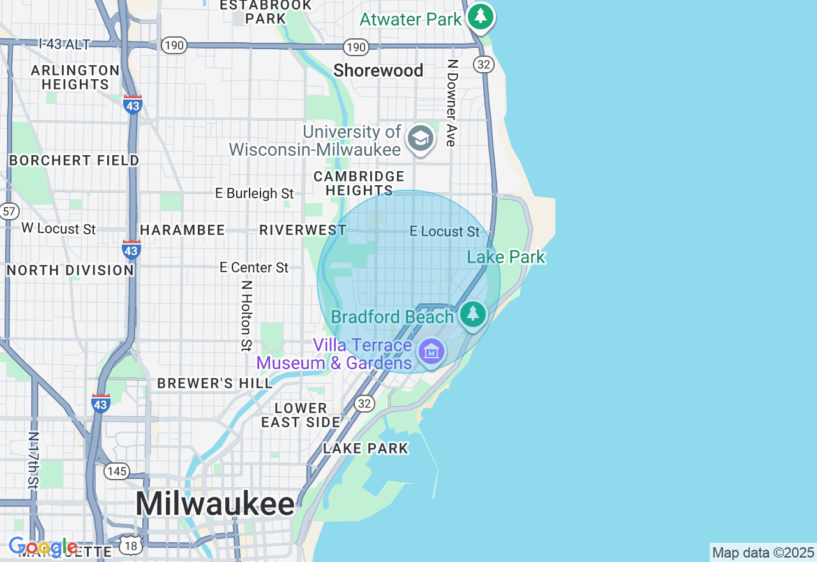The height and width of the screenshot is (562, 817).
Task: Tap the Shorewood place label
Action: click(x=378, y=70)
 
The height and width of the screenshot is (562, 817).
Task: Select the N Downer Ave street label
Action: click(x=452, y=103)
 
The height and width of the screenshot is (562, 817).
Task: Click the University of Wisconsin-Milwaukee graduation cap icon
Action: click(x=420, y=138)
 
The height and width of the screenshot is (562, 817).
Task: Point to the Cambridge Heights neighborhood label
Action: click(x=359, y=183)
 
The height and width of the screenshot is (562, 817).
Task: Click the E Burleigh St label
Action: click(x=255, y=193)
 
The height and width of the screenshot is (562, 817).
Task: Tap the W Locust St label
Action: click(x=58, y=229)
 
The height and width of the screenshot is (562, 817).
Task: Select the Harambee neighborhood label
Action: click(x=183, y=231)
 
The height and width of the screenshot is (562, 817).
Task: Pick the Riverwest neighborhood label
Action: click(x=303, y=231)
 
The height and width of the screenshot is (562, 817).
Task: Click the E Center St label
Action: click(x=254, y=268)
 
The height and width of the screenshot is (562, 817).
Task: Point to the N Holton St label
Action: click(x=246, y=315)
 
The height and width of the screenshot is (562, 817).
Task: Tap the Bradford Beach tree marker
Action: click(x=473, y=314)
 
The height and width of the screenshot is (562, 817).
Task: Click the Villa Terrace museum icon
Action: click(x=431, y=351)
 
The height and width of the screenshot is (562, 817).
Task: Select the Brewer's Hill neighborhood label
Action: click(x=206, y=383)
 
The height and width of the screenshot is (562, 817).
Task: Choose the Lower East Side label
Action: click(x=301, y=415)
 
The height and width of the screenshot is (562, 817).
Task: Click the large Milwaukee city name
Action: click(x=215, y=504)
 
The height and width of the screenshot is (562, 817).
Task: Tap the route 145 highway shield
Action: click(x=117, y=472)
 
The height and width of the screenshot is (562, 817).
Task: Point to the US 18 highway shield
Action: click(x=131, y=545)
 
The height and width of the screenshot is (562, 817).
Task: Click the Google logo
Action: click(x=43, y=547)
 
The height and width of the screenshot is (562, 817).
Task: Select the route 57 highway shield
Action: click(x=9, y=211)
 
